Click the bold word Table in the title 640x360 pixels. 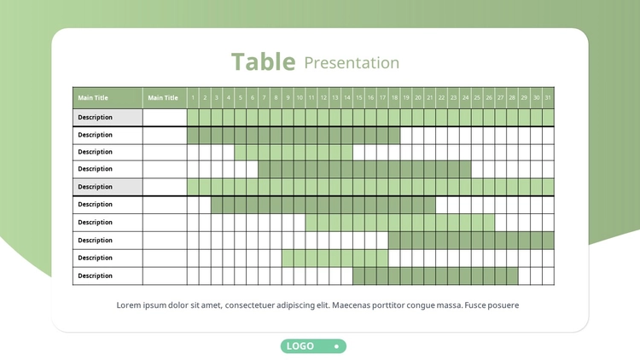click(264, 62)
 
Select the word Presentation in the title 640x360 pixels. click(352, 63)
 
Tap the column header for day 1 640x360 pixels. click(193, 98)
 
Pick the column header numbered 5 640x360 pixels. click(241, 98)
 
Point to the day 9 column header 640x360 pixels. click(288, 98)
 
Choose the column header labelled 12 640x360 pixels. click(323, 98)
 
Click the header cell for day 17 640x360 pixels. click(382, 98)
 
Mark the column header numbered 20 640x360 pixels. click(418, 98)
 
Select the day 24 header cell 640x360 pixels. click(465, 98)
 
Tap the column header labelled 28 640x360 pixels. click(512, 98)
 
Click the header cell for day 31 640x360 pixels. click(548, 98)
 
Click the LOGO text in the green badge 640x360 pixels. click(300, 346)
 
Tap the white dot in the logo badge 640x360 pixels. click(336, 346)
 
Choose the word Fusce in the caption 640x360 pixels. click(475, 305)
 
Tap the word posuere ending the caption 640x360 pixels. click(503, 305)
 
